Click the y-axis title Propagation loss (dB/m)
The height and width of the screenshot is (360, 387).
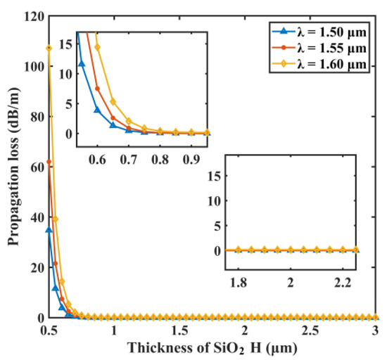click(x=12, y=166)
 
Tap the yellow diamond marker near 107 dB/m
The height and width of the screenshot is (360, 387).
click(x=49, y=48)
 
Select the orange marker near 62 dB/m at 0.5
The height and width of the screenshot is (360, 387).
click(x=49, y=162)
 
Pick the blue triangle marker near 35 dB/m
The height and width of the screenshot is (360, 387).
click(x=49, y=230)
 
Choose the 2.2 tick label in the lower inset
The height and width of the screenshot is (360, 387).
click(x=343, y=281)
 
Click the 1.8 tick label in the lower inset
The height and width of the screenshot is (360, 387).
click(x=239, y=281)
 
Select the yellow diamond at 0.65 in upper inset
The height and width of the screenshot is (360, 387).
click(x=113, y=102)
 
